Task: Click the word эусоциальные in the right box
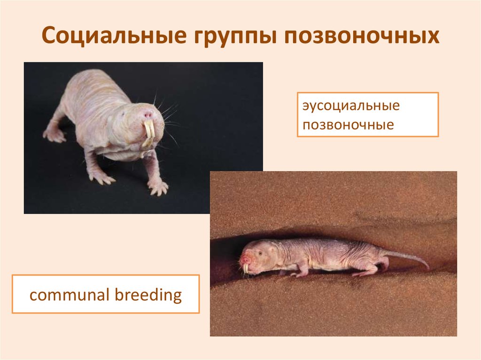click(351, 106)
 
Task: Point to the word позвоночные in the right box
click(348, 125)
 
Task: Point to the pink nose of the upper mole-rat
click(148, 115)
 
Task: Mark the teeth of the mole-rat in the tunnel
click(246, 268)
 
